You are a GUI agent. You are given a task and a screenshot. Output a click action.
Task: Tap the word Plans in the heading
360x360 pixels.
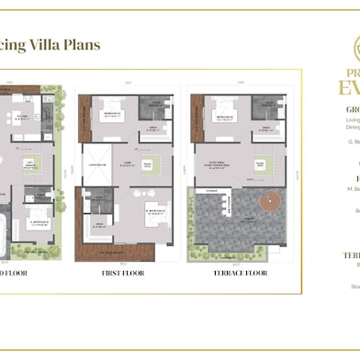pos(81,46)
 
